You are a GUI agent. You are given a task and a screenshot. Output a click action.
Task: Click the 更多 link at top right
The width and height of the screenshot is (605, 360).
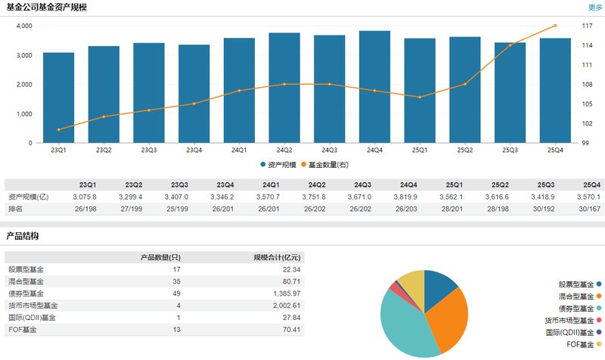(x=595, y=8)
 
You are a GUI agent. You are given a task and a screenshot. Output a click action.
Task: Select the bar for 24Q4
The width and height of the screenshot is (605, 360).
(x=374, y=87)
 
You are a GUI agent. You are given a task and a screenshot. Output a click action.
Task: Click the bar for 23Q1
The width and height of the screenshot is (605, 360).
(x=58, y=98)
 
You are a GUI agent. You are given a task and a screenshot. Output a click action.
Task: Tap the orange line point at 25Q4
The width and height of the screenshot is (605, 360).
(x=555, y=26)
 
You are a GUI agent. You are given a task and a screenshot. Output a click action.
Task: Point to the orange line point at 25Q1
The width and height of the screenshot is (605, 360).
(x=420, y=97)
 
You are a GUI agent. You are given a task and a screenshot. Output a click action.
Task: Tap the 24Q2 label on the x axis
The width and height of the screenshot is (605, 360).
(x=284, y=150)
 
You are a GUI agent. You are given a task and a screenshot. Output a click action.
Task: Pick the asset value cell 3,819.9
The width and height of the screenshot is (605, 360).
(x=408, y=197)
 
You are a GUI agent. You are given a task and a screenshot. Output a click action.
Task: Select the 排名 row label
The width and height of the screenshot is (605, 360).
(x=17, y=208)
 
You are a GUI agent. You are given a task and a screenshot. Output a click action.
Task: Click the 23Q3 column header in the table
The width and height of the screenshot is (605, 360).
(x=179, y=185)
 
